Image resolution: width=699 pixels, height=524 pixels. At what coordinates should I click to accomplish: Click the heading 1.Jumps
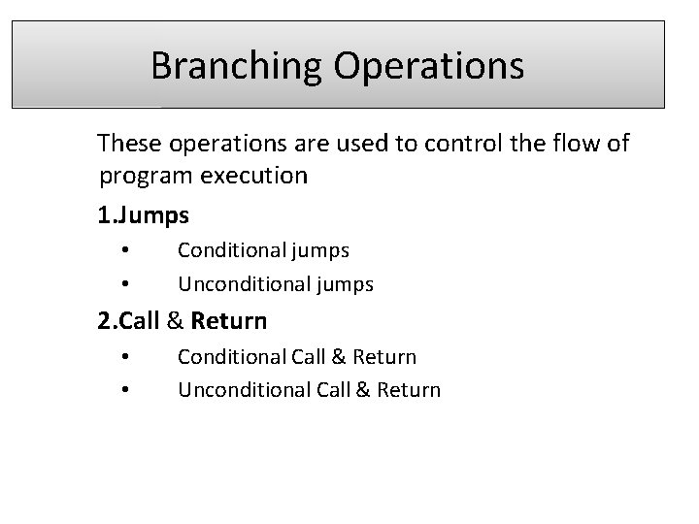coord(143,213)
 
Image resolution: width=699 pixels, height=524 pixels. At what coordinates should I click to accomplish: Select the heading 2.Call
coord(132,320)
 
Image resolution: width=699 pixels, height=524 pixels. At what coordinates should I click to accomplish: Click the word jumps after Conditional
coord(317,250)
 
